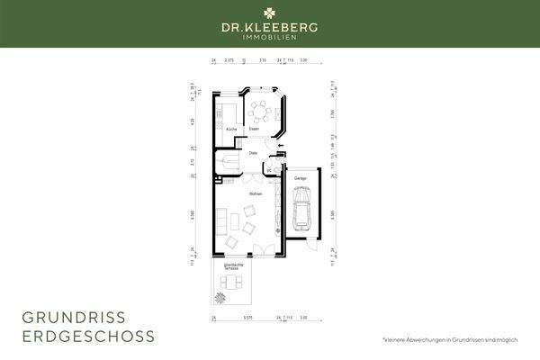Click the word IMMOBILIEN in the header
coord(270,38)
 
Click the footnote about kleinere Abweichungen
coord(450,338)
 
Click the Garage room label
coord(300,178)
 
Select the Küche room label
coord(231,130)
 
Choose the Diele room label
coord(254,154)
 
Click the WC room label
coord(269,169)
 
